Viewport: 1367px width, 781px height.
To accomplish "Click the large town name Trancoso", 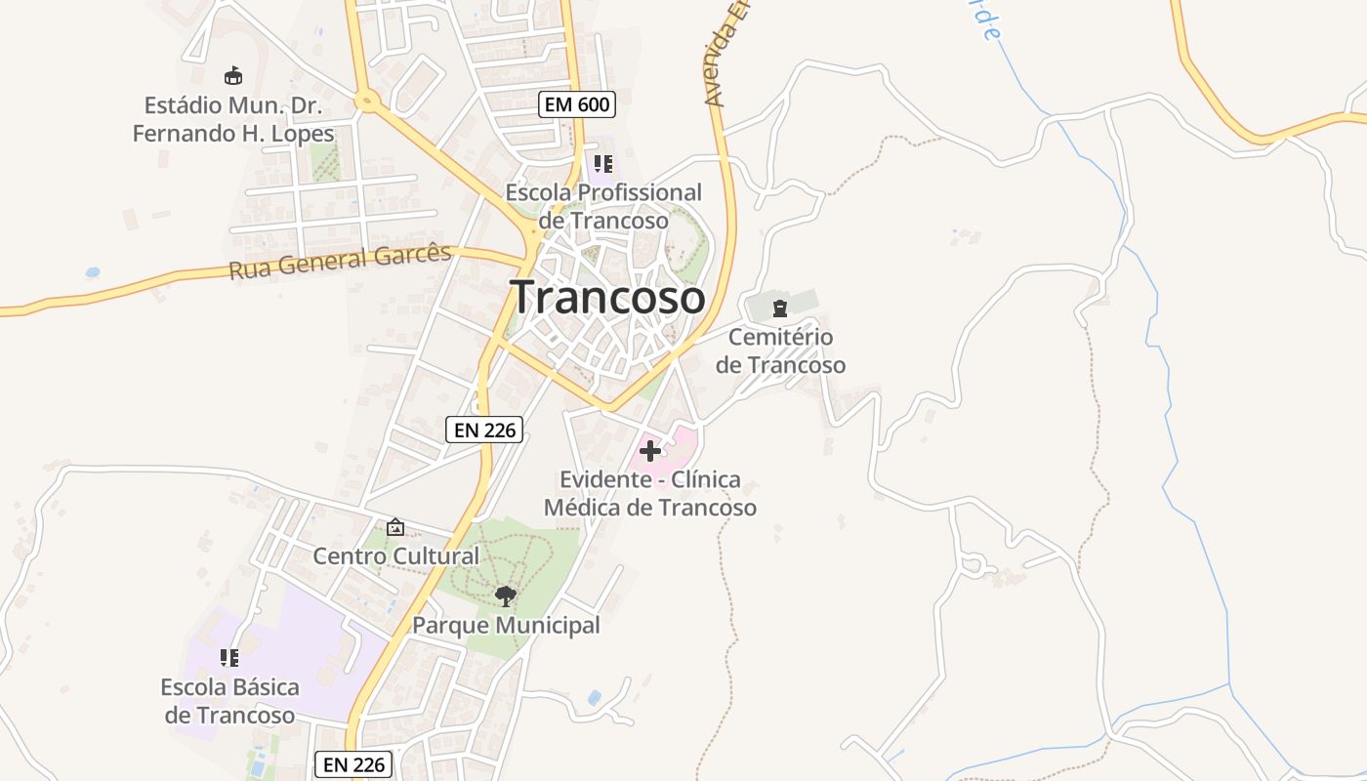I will (607, 297).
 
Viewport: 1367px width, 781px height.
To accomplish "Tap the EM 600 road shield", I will (576, 104).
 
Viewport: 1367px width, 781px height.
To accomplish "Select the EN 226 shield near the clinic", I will (484, 430).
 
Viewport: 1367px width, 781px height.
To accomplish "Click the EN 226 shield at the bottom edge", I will (353, 764).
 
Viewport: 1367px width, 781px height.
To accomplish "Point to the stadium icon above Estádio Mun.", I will (232, 75).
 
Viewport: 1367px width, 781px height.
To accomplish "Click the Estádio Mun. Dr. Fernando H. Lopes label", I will (233, 119).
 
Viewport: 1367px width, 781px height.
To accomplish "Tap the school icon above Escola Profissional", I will (602, 163).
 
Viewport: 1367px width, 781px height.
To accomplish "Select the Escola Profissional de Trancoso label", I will (602, 206).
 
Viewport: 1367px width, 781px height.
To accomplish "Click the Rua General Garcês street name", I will (340, 262).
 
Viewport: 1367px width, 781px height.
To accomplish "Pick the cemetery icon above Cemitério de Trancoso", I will (779, 309).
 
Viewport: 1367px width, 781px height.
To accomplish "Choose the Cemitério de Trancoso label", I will (780, 351).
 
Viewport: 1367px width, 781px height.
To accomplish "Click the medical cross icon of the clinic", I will (649, 451).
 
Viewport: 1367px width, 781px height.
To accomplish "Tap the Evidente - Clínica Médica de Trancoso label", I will (649, 494).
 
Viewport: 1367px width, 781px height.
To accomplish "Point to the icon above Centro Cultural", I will (394, 527).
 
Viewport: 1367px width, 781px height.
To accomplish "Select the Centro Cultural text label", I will (395, 556).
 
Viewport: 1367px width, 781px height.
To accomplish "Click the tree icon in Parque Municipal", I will (505, 596).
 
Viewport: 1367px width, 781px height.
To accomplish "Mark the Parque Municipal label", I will (506, 625).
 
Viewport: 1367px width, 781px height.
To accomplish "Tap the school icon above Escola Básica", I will (229, 658).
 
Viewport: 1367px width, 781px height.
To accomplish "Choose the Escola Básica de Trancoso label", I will (229, 701).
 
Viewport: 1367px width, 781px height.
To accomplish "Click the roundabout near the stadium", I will (368, 99).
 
